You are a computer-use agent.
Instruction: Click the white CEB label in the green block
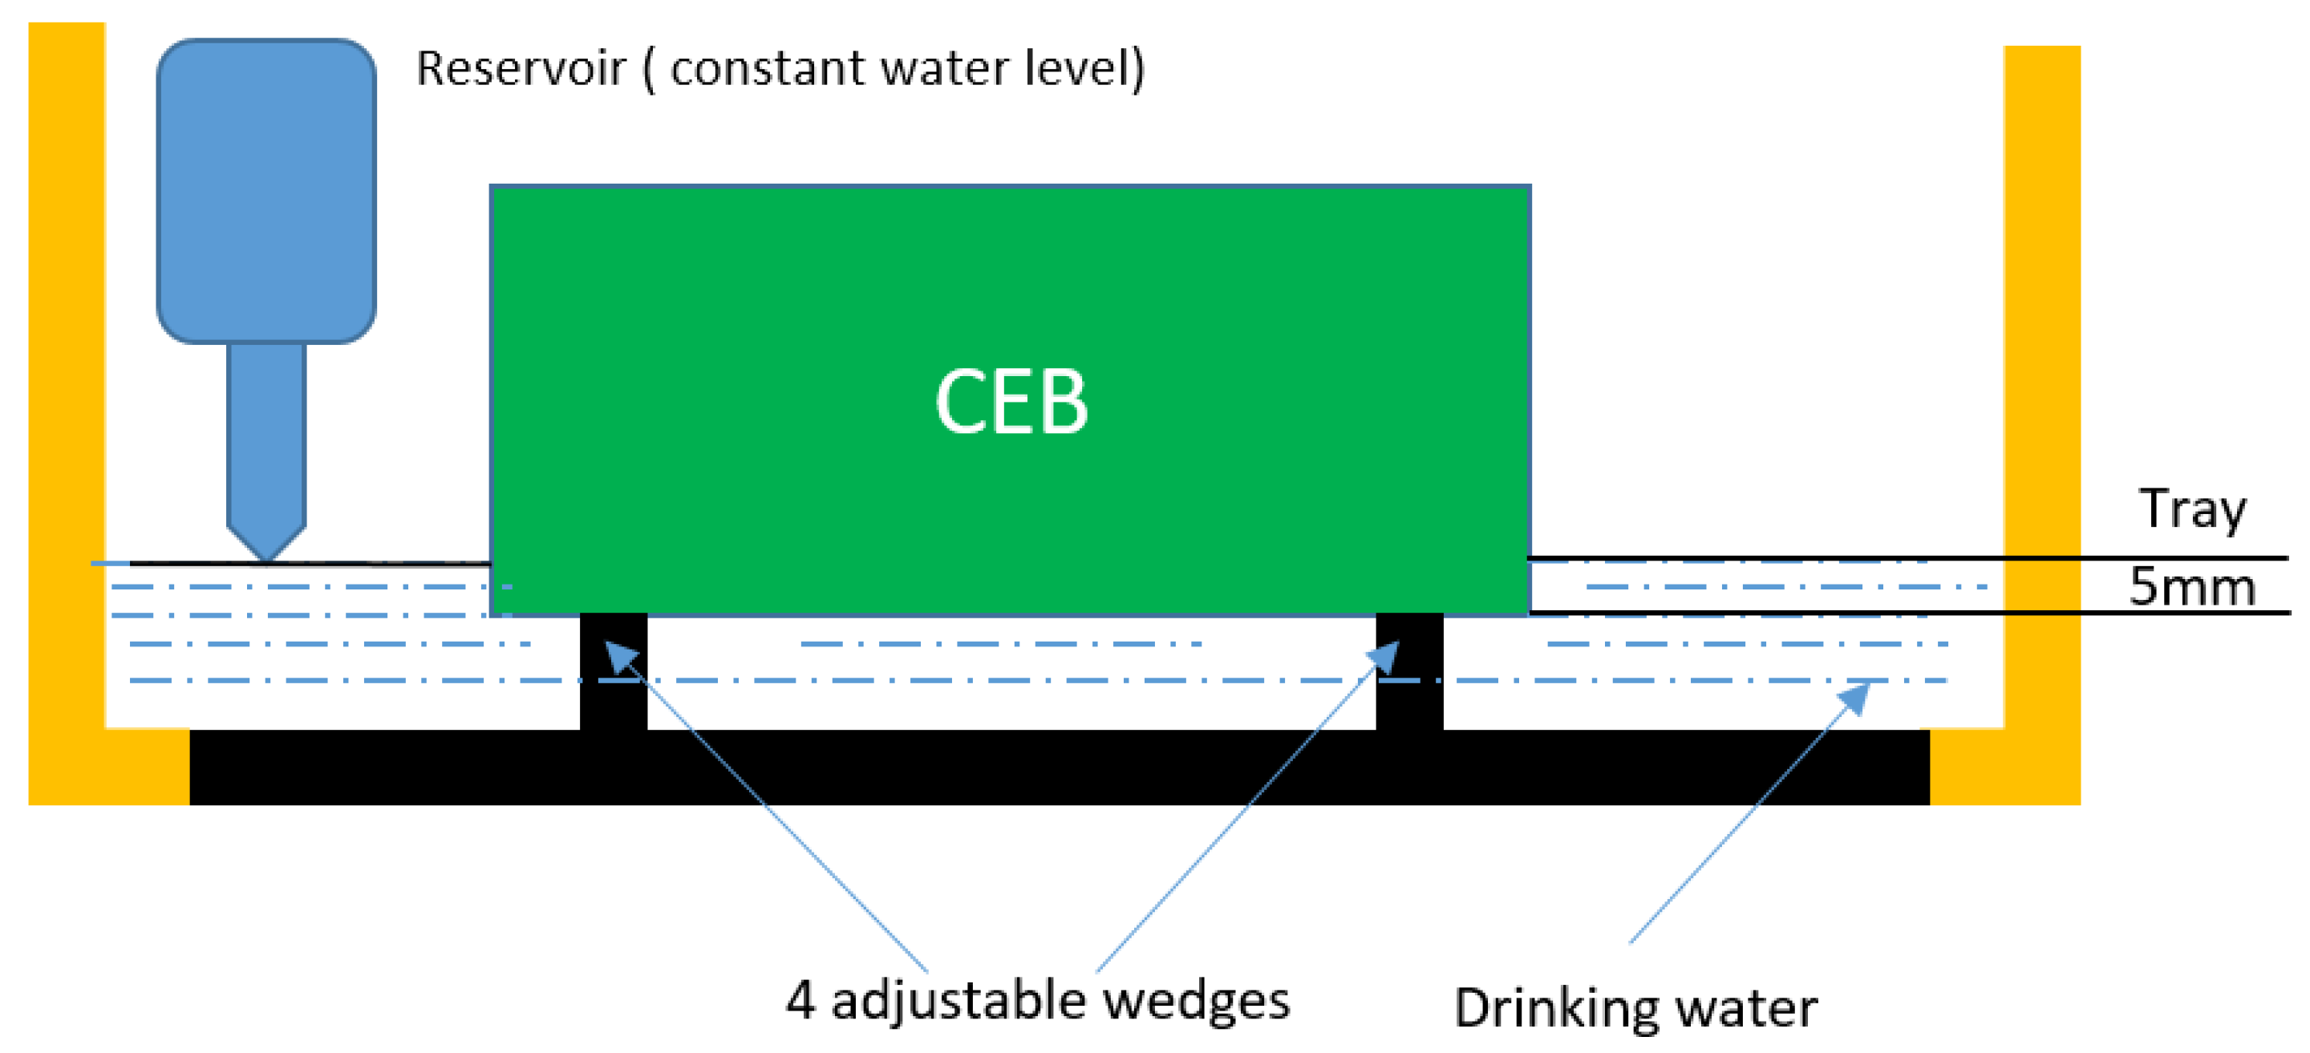tap(1011, 403)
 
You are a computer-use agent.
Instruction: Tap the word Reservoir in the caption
tap(520, 69)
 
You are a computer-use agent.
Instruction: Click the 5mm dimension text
tap(2190, 588)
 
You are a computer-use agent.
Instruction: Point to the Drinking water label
tap(1635, 1008)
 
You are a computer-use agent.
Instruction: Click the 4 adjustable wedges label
tap(1038, 1001)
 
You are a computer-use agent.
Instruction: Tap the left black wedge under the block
tap(614, 673)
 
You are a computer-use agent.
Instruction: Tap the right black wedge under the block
tap(1408, 673)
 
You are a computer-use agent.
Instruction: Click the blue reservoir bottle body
tap(266, 190)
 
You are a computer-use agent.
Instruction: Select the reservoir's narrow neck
tap(266, 431)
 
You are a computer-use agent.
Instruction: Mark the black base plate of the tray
tap(1058, 767)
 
